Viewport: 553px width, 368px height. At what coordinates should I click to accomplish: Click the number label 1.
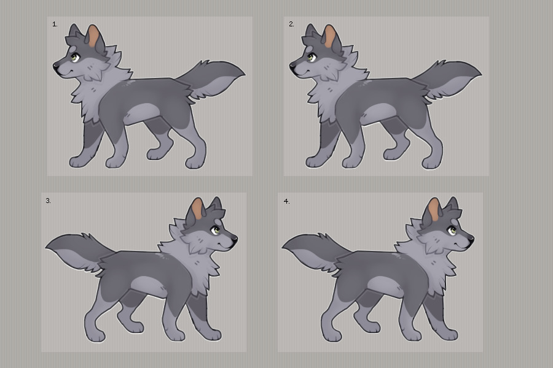[55, 25]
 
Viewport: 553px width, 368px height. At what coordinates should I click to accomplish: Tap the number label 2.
[291, 25]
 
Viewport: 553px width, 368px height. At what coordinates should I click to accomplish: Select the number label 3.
[49, 201]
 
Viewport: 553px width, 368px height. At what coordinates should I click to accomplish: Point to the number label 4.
[287, 201]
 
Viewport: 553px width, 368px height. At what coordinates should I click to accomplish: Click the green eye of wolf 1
[74, 57]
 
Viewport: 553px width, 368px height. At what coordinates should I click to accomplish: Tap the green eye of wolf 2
[311, 57]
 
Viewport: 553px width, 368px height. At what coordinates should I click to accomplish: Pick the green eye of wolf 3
[216, 231]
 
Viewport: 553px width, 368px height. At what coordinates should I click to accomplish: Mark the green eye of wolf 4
[452, 231]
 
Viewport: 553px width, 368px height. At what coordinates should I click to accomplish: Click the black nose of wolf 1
[56, 66]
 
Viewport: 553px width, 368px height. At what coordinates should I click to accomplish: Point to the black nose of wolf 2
[292, 66]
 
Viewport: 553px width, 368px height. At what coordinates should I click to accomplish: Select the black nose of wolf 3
[235, 239]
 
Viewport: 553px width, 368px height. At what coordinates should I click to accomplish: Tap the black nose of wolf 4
[471, 240]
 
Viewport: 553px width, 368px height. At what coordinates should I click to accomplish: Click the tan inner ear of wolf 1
[93, 37]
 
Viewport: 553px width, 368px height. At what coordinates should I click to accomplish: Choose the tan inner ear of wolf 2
[330, 37]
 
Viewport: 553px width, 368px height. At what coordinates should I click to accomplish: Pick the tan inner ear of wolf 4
[434, 210]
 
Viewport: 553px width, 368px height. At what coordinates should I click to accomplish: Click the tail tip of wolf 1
[245, 74]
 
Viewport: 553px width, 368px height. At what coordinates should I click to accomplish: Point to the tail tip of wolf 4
[283, 247]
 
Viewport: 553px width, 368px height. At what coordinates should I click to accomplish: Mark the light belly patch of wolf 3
[147, 286]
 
